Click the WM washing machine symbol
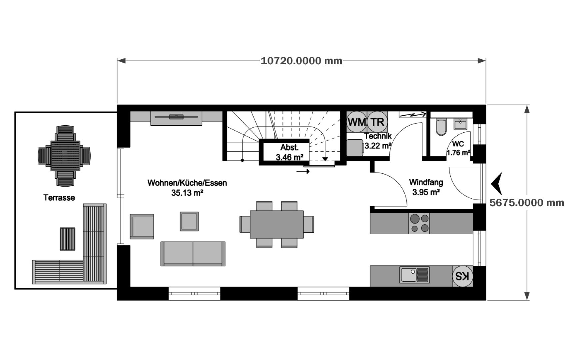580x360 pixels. click(x=357, y=122)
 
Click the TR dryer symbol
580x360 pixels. click(x=377, y=122)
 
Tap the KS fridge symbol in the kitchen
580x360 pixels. click(x=462, y=276)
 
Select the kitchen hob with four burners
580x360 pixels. click(x=419, y=223)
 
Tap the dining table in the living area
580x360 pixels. click(x=277, y=224)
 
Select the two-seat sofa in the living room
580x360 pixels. click(x=193, y=254)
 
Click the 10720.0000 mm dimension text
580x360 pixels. click(x=301, y=61)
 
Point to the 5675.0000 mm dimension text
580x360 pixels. click(x=527, y=203)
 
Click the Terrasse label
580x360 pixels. click(x=59, y=198)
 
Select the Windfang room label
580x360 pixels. click(x=426, y=182)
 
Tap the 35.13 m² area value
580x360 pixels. click(x=187, y=193)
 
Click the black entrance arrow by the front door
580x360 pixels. click(x=497, y=184)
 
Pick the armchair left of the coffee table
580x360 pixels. click(x=142, y=226)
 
